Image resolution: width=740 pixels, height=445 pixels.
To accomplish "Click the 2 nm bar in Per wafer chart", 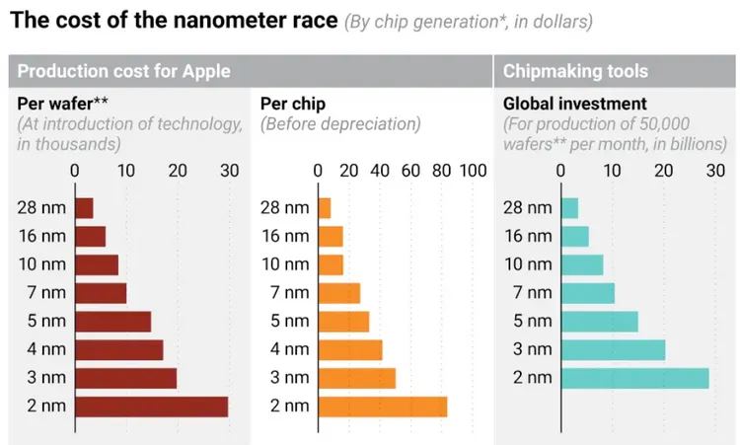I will (151, 407).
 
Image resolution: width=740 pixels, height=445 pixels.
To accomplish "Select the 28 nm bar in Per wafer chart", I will (84, 208).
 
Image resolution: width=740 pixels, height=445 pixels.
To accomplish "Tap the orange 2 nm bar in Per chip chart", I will (382, 407).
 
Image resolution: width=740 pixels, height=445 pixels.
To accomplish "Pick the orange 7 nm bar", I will (338, 293).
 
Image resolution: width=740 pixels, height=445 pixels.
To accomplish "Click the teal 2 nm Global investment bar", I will (634, 378).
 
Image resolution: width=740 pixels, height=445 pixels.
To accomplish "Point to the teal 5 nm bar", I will (599, 322).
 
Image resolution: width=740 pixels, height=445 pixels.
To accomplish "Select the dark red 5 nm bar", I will (112, 322).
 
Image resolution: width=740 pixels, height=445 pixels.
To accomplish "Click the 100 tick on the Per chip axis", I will (473, 171).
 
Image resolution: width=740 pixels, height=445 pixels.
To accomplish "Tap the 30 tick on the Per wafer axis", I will (229, 171).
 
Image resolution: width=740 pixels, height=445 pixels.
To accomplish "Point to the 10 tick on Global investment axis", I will (612, 171).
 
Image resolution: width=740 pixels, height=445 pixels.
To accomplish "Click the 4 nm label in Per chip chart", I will (289, 349).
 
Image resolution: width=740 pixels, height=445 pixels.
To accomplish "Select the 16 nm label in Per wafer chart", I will (41, 236).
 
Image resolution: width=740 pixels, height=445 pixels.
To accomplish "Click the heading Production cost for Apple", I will (123, 71).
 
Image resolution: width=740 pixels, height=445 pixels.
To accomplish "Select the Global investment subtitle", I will (574, 103).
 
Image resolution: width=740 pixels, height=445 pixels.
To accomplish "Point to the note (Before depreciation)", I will (340, 124).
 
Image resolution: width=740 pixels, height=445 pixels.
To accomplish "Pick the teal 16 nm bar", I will (574, 237).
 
